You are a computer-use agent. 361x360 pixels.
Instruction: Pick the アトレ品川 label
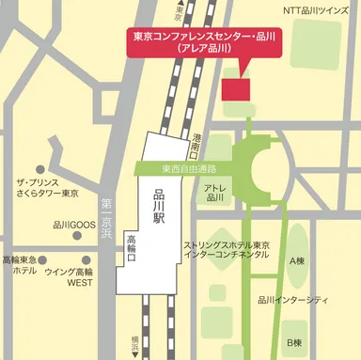click(x=214, y=193)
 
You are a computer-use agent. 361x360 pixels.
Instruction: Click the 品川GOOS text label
click(x=74, y=226)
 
